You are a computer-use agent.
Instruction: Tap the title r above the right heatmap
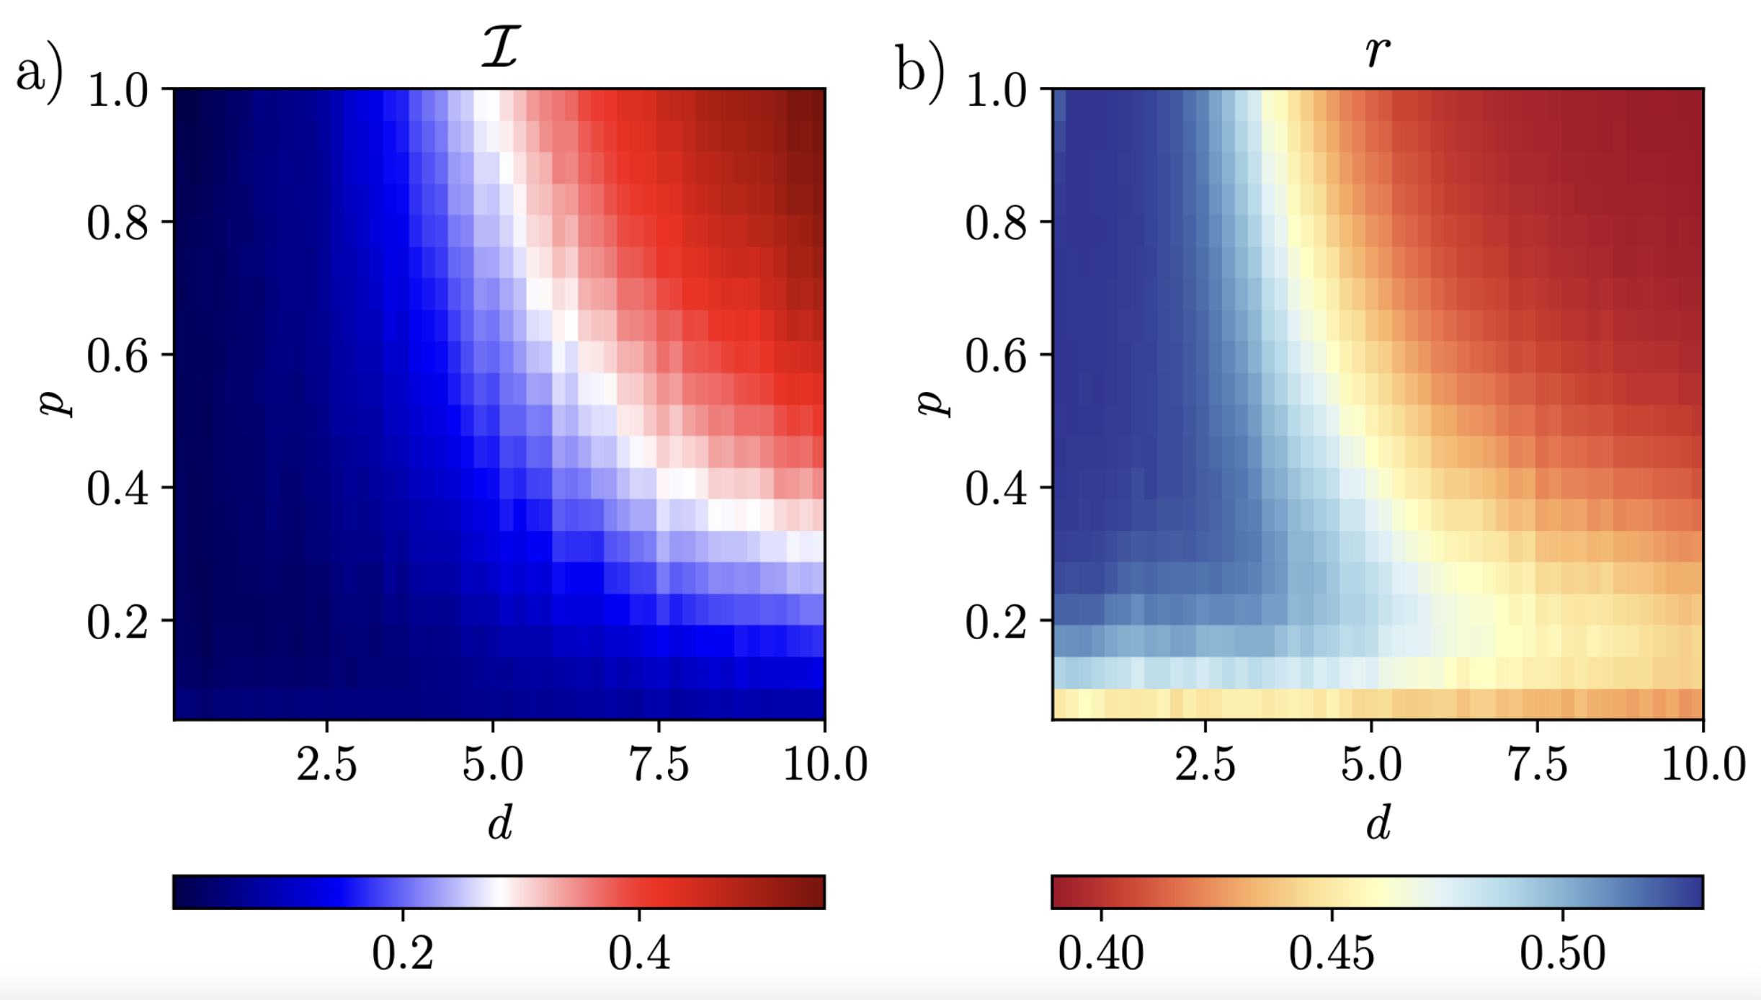pos(1377,52)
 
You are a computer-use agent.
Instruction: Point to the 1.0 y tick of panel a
pos(117,91)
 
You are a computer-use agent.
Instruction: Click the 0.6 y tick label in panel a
pos(117,356)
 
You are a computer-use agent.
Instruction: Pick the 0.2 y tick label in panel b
pos(996,622)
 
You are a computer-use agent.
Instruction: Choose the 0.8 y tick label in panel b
pos(996,223)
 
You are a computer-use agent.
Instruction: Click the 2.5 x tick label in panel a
pos(326,764)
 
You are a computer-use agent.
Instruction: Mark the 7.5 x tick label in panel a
pos(659,764)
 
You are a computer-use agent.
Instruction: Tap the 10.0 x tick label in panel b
pos(1703,764)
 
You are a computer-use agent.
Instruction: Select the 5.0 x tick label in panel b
pos(1371,764)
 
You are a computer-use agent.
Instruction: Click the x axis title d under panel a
pos(500,822)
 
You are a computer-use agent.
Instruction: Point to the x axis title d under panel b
pos(1378,822)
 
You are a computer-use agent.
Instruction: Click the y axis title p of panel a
pos(56,403)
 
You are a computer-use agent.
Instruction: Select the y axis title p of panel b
pos(935,403)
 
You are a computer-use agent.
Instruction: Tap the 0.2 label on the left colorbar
pos(403,953)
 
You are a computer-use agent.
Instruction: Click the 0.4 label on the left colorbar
pos(639,953)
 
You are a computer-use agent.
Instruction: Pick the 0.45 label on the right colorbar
pos(1332,953)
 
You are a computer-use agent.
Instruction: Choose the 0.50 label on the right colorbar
pos(1563,953)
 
